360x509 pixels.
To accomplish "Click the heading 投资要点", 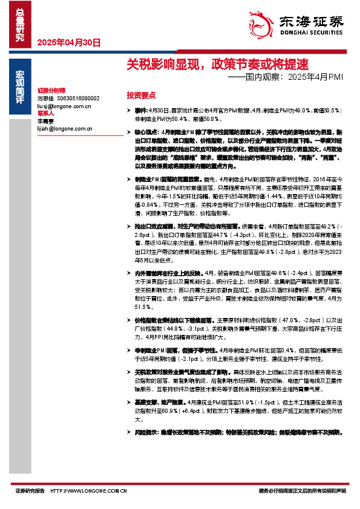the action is (x=141, y=96).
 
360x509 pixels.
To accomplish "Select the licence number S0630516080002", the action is (x=78, y=98).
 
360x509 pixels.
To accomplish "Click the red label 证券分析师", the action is (x=50, y=90).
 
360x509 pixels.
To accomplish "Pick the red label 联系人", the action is (x=46, y=113).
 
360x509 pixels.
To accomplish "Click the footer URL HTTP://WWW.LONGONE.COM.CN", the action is (x=88, y=492).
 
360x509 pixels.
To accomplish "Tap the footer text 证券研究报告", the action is (x=30, y=492).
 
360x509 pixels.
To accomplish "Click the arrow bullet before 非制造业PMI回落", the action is (x=129, y=351).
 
